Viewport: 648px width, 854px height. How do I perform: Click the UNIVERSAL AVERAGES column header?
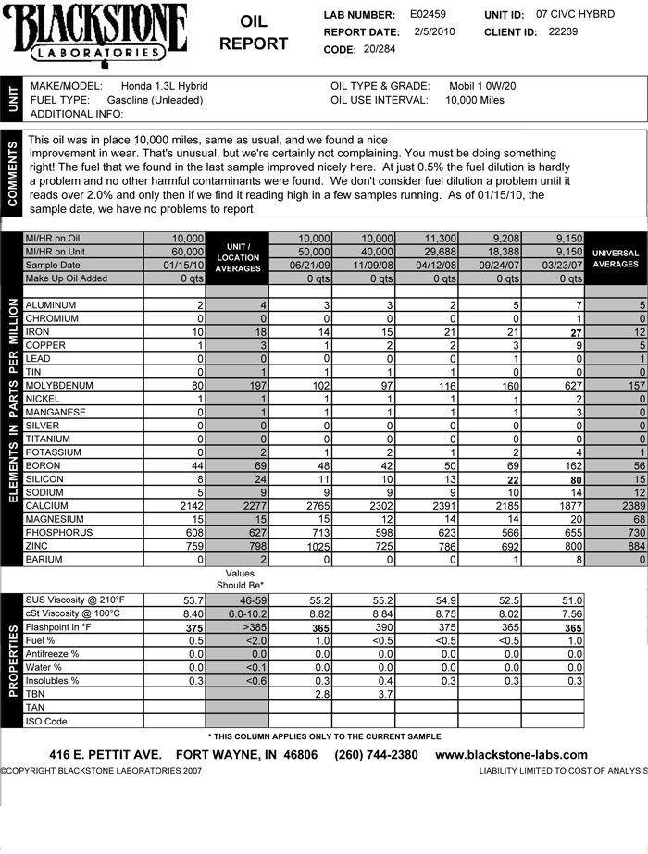tap(616, 258)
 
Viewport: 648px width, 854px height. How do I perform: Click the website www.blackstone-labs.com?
tap(511, 755)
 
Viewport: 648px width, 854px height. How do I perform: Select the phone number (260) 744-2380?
tap(376, 755)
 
